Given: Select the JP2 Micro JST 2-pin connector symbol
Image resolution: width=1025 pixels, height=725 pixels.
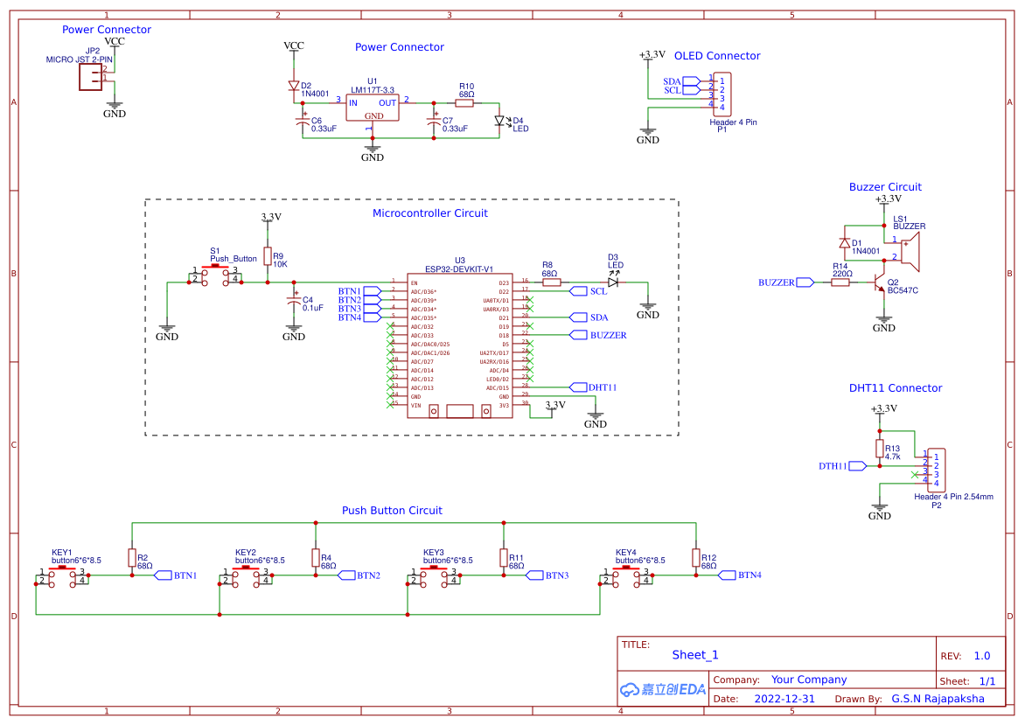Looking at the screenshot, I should point(90,79).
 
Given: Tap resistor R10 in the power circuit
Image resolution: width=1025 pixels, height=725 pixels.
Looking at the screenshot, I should point(465,103).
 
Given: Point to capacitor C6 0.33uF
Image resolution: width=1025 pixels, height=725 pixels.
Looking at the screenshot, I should point(303,122).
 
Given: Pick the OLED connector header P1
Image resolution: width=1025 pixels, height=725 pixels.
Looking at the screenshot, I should point(722,94).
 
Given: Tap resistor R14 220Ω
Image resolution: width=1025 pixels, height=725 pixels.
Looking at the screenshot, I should point(840,282).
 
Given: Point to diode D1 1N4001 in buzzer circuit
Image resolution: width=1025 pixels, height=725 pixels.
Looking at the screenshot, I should point(845,243).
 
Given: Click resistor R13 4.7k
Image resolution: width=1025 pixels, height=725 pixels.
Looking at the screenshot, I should point(880,448).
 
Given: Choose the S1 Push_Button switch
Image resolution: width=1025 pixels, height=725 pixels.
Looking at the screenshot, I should point(216,275).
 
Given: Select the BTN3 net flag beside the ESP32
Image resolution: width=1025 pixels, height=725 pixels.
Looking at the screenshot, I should point(372,309).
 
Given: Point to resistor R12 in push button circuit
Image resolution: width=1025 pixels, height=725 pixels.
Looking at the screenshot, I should point(696,558).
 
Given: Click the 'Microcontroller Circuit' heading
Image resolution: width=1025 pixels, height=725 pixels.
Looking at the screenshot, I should point(430,213).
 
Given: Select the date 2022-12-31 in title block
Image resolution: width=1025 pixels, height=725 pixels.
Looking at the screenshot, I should point(784,699).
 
